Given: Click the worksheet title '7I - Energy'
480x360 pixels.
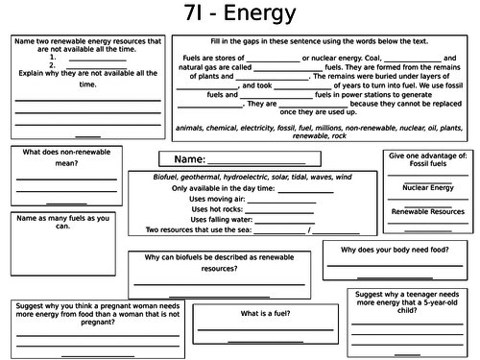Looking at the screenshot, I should (x=240, y=17).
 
